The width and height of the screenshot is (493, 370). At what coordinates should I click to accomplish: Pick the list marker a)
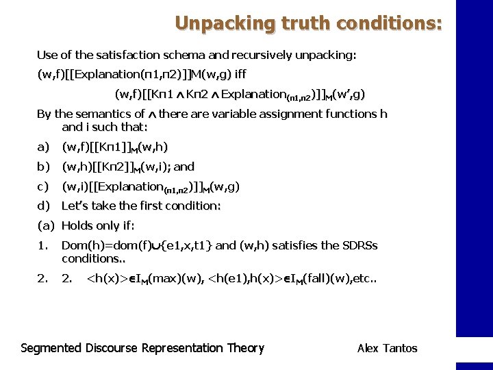pyautogui.click(x=43, y=147)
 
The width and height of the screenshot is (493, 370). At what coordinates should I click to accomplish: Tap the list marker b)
pyautogui.click(x=43, y=166)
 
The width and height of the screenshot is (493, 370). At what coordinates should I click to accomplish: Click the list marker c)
pyautogui.click(x=43, y=186)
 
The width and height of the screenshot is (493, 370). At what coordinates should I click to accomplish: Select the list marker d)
pyautogui.click(x=43, y=206)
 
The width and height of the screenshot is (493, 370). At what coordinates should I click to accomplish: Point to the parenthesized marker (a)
pyautogui.click(x=46, y=225)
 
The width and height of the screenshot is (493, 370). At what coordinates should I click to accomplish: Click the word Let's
pyautogui.click(x=75, y=206)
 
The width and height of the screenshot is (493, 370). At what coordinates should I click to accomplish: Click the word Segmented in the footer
pyautogui.click(x=51, y=348)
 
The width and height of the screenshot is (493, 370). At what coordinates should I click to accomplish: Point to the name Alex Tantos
pyautogui.click(x=387, y=349)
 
